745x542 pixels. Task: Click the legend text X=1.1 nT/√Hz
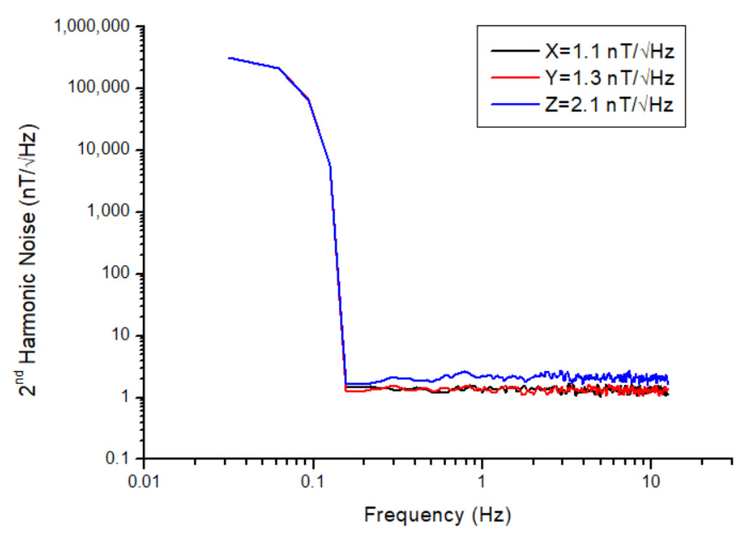(609, 52)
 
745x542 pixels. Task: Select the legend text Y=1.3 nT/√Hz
(609, 78)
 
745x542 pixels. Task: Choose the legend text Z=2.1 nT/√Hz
(609, 105)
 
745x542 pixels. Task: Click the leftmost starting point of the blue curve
(229, 58)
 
